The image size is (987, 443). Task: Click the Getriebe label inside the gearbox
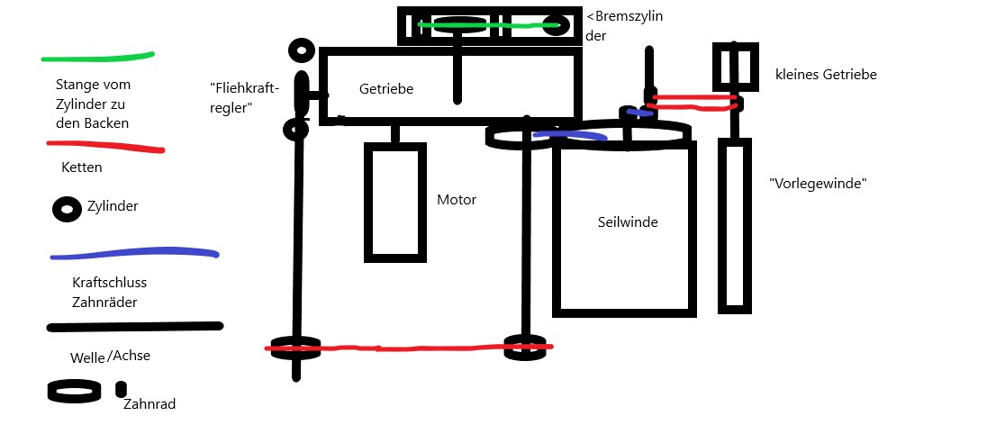(x=386, y=89)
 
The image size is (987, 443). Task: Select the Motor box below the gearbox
(x=394, y=202)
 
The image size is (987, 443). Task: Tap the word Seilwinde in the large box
(x=628, y=221)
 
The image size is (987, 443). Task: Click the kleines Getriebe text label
(x=826, y=75)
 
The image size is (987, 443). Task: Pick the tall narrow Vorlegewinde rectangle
(x=735, y=225)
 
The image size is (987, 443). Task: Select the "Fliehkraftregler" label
(x=245, y=97)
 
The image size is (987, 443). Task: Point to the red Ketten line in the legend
(x=104, y=145)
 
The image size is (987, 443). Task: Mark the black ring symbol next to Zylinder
(x=67, y=209)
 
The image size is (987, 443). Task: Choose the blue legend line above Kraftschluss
(x=135, y=253)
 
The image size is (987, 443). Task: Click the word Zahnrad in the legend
(x=149, y=405)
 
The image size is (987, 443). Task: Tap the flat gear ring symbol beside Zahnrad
(x=74, y=392)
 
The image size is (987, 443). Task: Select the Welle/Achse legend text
(x=110, y=357)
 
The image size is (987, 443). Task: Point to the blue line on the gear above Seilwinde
(x=569, y=136)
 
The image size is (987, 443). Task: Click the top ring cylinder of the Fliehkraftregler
(x=301, y=50)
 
